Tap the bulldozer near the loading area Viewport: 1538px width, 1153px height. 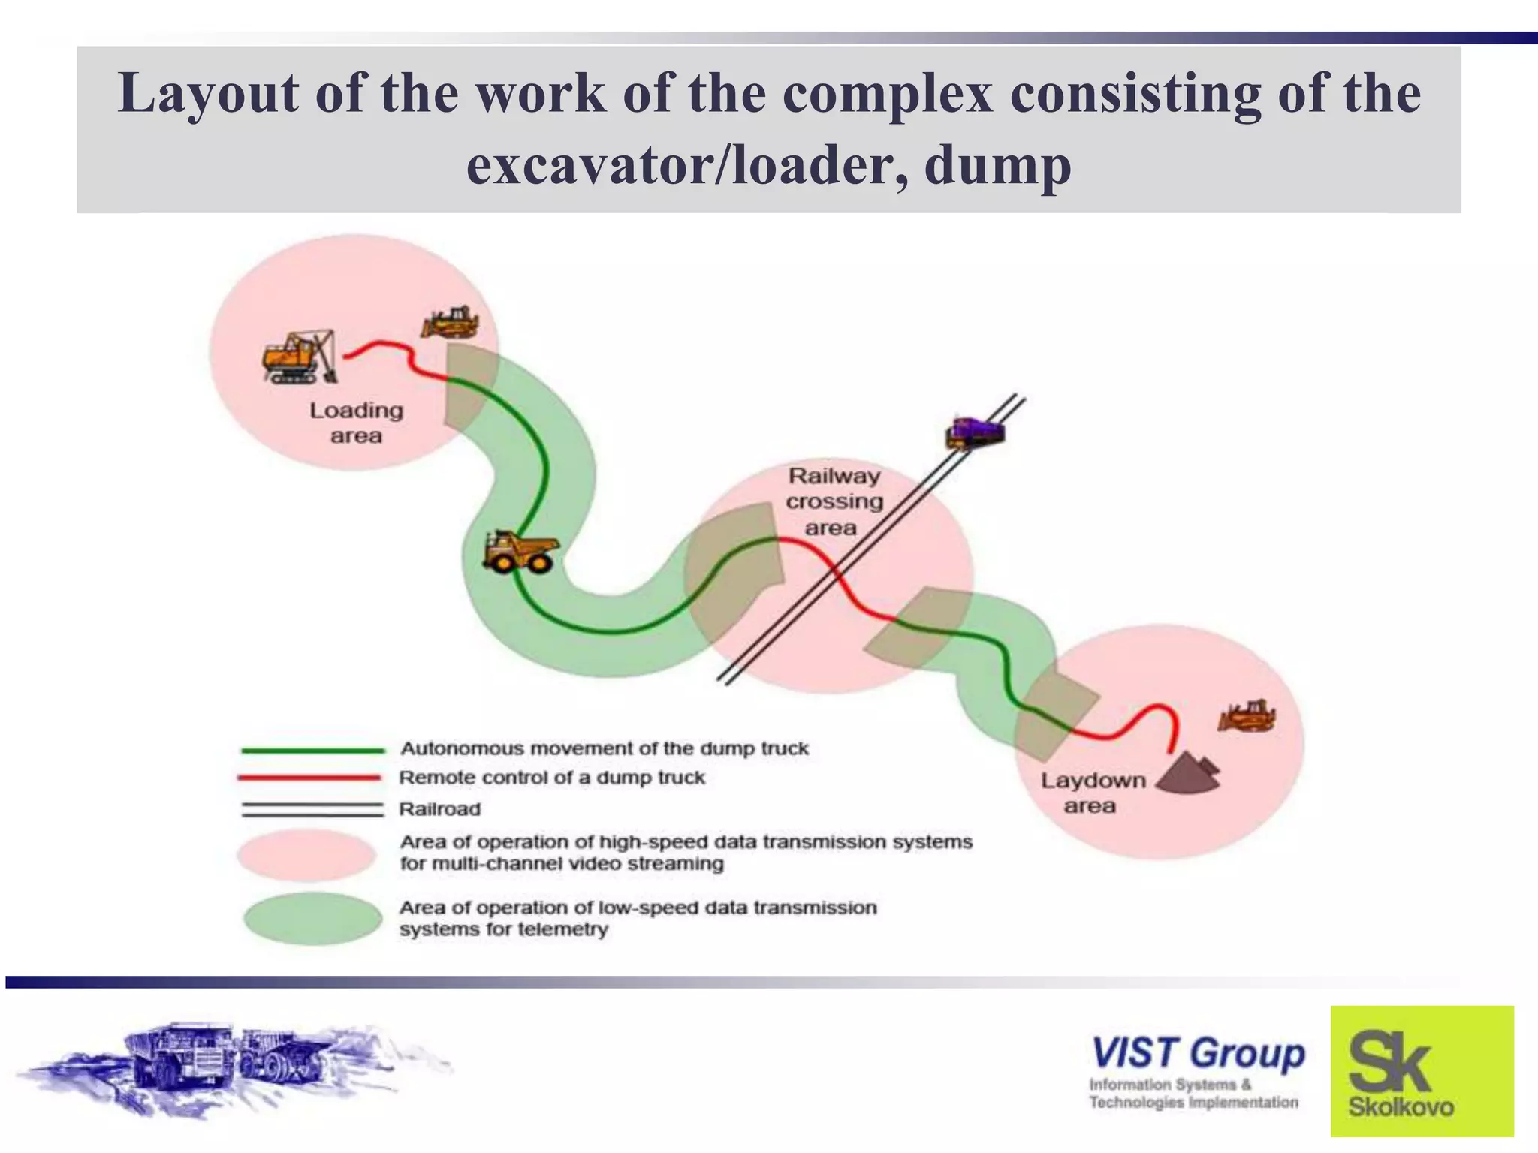450,323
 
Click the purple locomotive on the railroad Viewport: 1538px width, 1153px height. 975,433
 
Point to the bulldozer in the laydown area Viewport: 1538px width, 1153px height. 1247,716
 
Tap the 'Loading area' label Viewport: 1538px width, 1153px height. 356,423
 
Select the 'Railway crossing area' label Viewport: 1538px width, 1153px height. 834,501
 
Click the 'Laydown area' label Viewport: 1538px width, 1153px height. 1092,793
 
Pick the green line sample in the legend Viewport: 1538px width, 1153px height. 312,750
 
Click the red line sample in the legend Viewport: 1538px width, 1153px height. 309,778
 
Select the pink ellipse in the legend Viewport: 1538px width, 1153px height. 306,855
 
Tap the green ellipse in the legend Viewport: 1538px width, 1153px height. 313,918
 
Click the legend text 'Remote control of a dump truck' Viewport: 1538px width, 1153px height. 552,778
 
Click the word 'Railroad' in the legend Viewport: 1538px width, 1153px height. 439,809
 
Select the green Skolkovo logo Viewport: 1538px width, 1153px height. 1422,1071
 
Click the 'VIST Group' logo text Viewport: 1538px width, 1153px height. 1198,1053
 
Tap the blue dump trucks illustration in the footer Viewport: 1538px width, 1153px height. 225,1066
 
